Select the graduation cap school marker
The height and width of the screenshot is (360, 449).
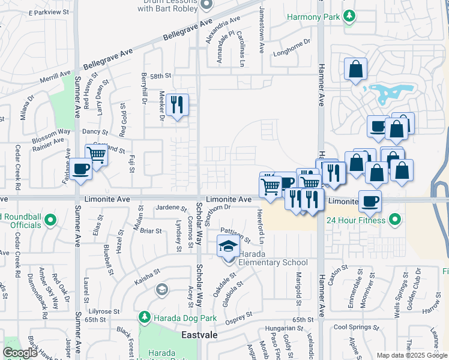[x=228, y=247]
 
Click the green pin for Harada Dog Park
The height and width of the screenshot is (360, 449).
[x=143, y=316]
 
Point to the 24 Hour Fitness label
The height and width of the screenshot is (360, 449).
[x=355, y=220]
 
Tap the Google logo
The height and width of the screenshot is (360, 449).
[x=20, y=353]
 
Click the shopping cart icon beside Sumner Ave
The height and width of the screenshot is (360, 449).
[x=96, y=155]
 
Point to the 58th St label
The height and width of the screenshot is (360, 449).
[x=161, y=76]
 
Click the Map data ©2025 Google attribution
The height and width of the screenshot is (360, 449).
[x=411, y=355]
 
